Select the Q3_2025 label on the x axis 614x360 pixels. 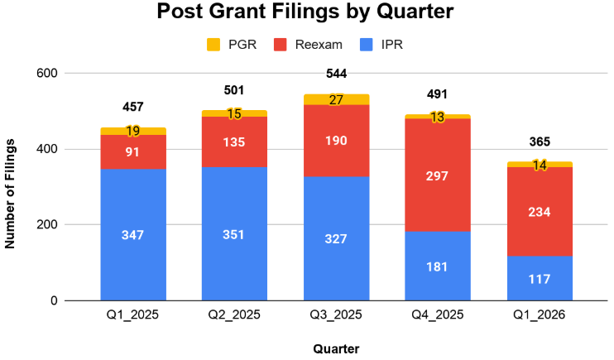(x=336, y=316)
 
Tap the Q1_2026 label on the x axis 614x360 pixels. (x=539, y=316)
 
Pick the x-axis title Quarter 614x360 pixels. (x=335, y=348)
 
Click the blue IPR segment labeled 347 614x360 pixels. (x=133, y=235)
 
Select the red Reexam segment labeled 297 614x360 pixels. (x=437, y=175)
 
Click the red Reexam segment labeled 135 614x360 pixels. (x=234, y=142)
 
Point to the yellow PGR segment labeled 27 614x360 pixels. (x=336, y=99)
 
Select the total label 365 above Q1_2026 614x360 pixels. (x=539, y=142)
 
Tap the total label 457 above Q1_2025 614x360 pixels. (x=133, y=107)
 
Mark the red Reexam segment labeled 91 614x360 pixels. (x=133, y=151)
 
